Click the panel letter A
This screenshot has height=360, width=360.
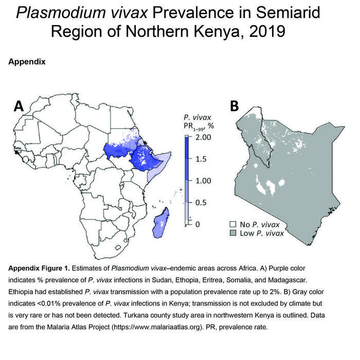click(x=19, y=106)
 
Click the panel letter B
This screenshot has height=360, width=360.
click(x=234, y=106)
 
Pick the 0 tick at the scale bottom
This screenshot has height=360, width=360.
click(x=197, y=224)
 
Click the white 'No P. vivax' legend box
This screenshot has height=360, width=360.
click(x=232, y=225)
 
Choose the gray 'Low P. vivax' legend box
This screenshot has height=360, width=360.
click(x=232, y=233)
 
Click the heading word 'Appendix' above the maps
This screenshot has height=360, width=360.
click(x=27, y=62)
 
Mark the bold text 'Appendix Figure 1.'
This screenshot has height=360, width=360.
click(x=42, y=268)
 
